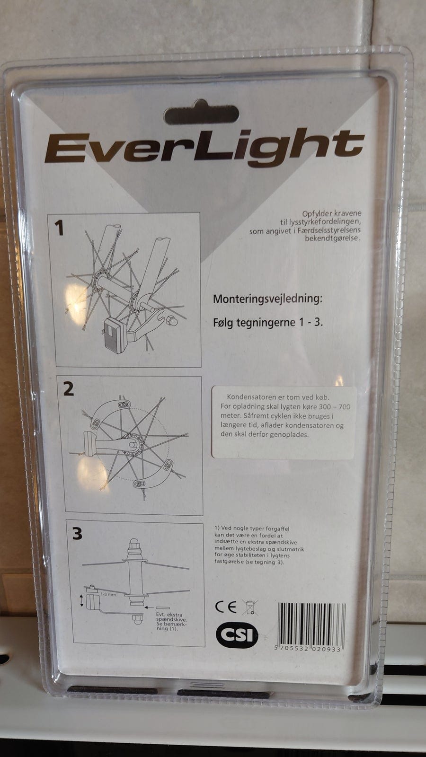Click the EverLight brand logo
pos(204,149)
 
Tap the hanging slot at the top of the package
pos(202,114)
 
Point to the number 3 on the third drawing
pos(77,534)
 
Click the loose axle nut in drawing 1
pos(173,321)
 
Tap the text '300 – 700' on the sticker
pos(334,406)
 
